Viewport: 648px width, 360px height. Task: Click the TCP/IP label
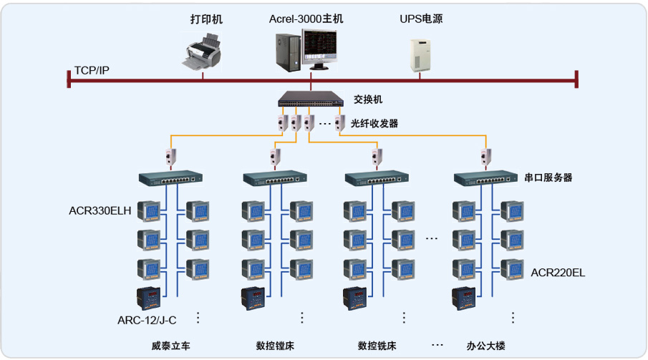[x=92, y=71]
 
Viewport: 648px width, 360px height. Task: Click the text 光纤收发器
[x=374, y=123]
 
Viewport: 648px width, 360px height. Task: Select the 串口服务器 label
[x=548, y=177]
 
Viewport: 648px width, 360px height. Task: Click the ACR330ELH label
[x=100, y=210]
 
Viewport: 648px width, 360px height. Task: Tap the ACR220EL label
[x=558, y=273]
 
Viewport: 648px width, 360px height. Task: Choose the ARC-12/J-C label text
[x=147, y=319]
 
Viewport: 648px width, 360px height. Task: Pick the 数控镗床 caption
[x=275, y=346]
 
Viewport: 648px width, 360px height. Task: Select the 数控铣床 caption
[x=377, y=346]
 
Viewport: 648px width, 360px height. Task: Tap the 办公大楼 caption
[x=485, y=346]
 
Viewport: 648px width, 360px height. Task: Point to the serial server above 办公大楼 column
[x=486, y=177]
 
